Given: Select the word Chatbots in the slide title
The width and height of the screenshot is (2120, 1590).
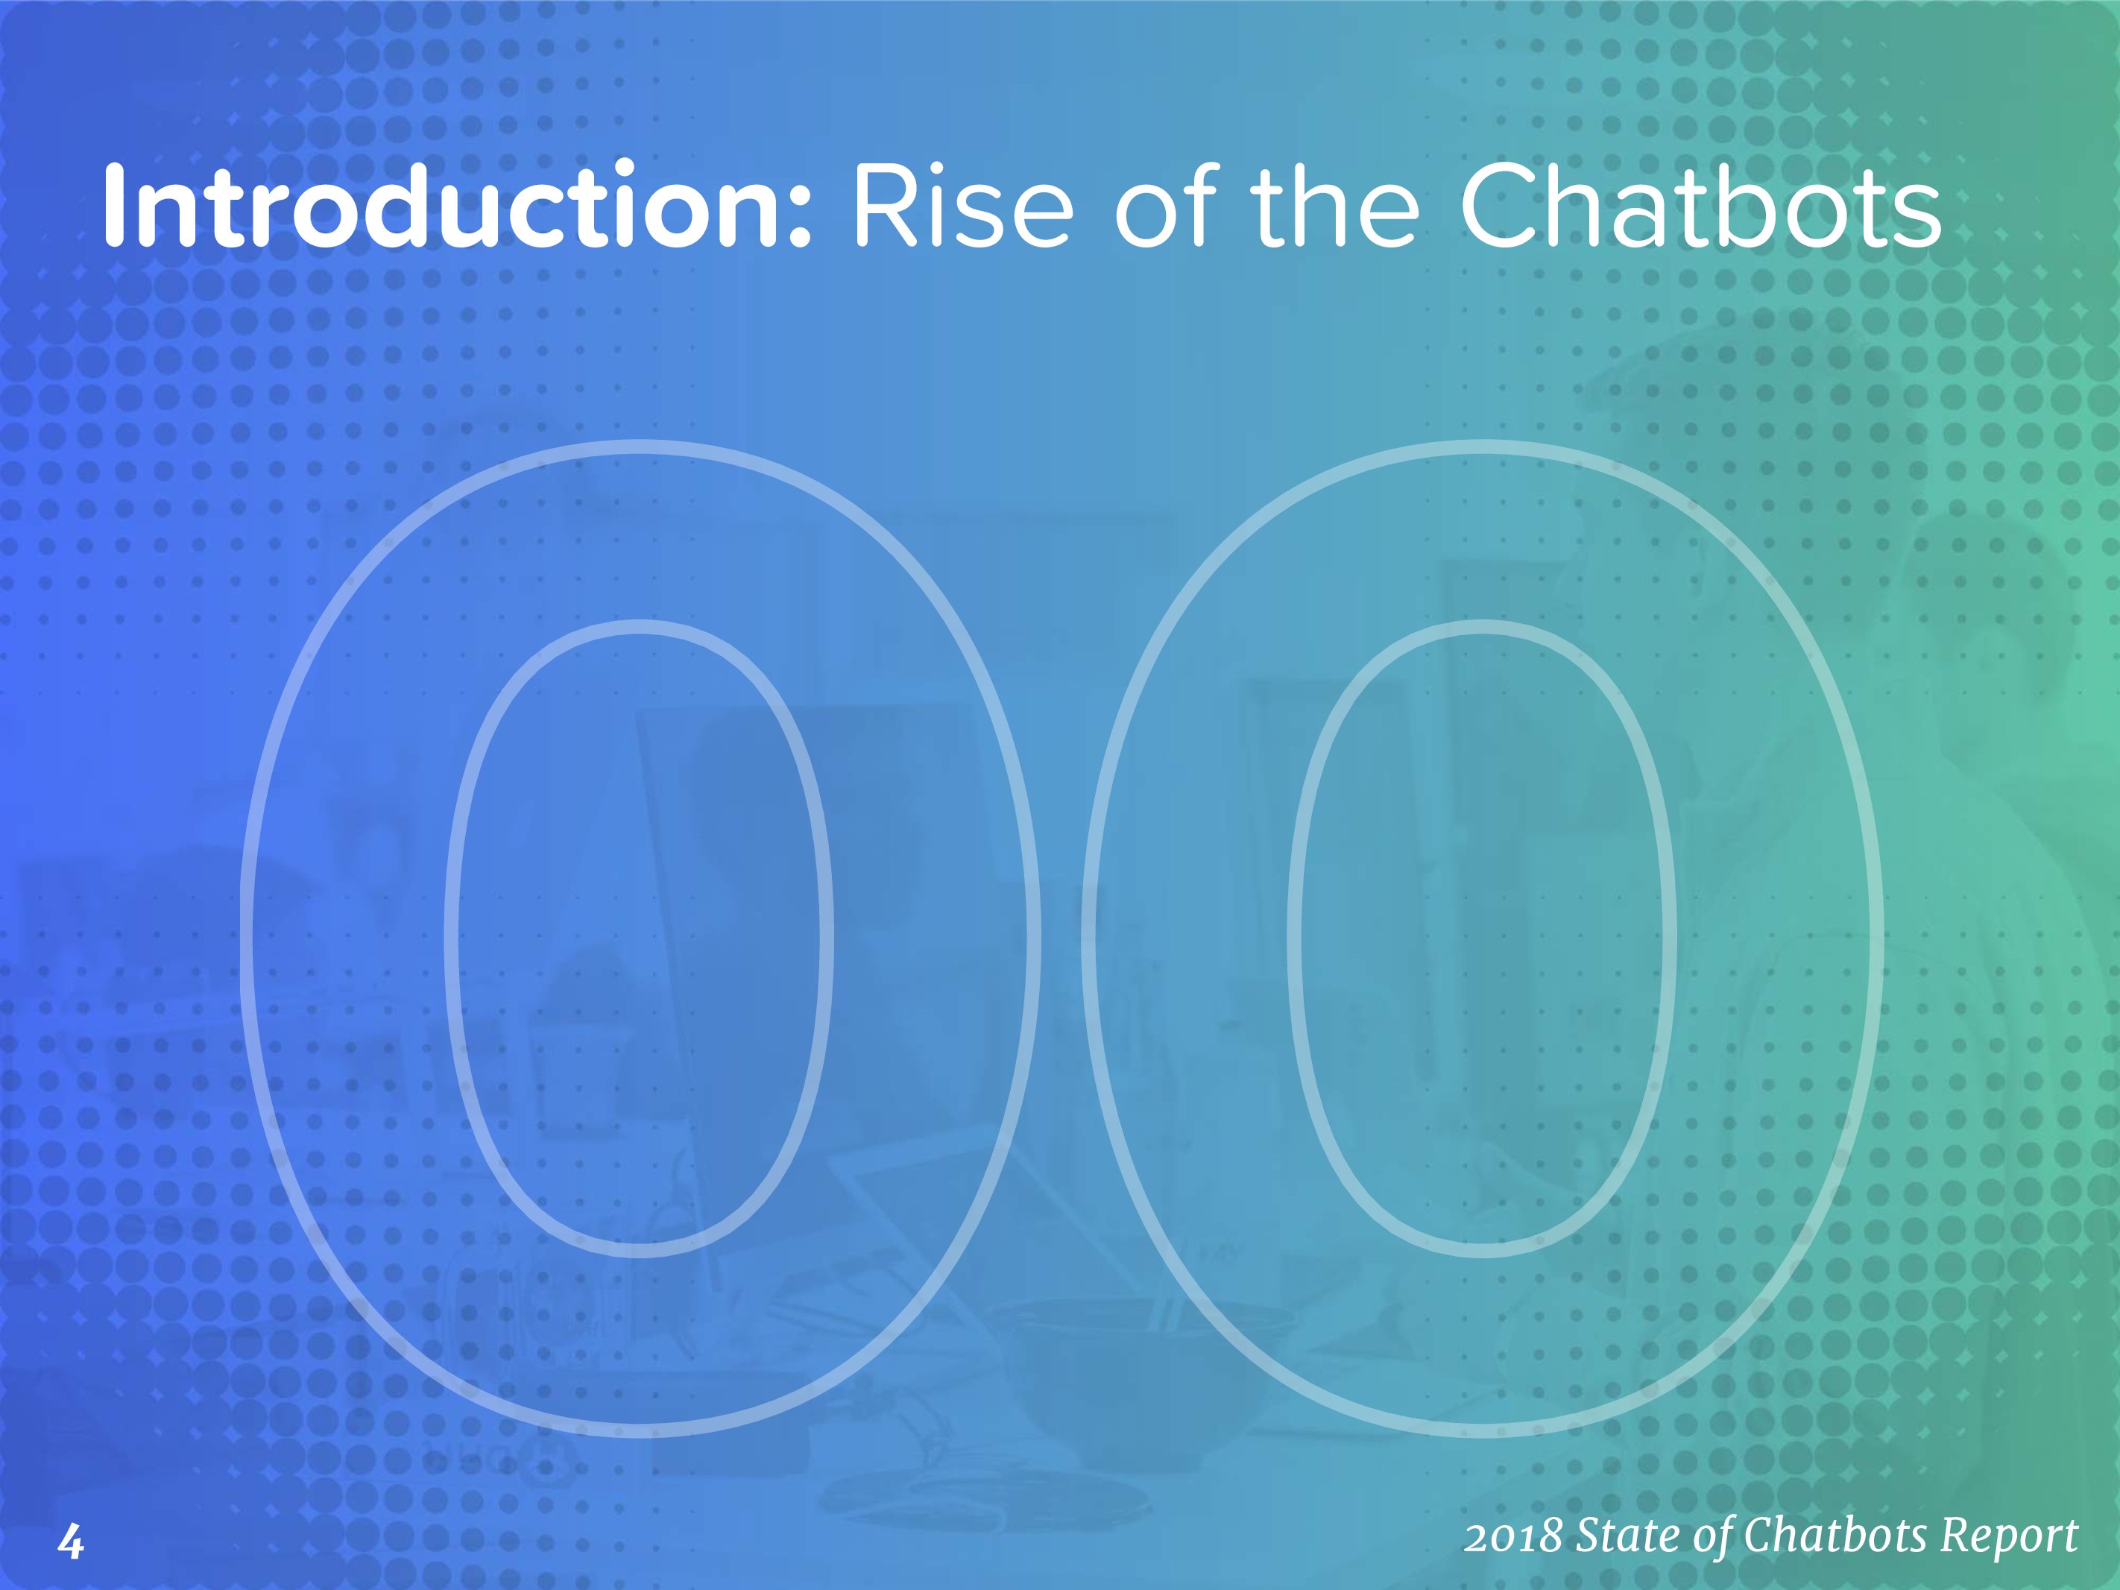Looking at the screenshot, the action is pos(1700,205).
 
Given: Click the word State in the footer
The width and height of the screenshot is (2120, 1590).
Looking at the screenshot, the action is pos(1626,1536).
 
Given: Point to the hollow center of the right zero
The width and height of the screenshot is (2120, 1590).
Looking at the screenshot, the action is pos(1482,937).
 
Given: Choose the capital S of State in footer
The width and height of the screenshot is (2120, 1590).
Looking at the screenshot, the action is pos(1590,1536).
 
